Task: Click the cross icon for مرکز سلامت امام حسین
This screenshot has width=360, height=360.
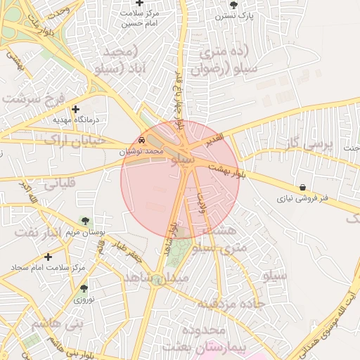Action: [140, 4]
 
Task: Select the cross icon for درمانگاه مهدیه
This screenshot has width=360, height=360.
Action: [76, 109]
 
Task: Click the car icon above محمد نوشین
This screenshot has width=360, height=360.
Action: [143, 140]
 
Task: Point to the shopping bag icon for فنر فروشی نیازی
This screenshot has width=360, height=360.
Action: [302, 188]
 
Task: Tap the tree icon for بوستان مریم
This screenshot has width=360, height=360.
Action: [86, 222]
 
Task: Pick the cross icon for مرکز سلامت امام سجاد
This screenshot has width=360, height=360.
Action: [48, 257]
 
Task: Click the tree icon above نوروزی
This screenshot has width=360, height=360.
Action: [84, 288]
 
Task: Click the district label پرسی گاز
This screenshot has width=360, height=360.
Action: [309, 145]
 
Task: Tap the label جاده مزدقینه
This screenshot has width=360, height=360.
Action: [229, 304]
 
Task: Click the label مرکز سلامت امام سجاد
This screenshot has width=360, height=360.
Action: [48, 268]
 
